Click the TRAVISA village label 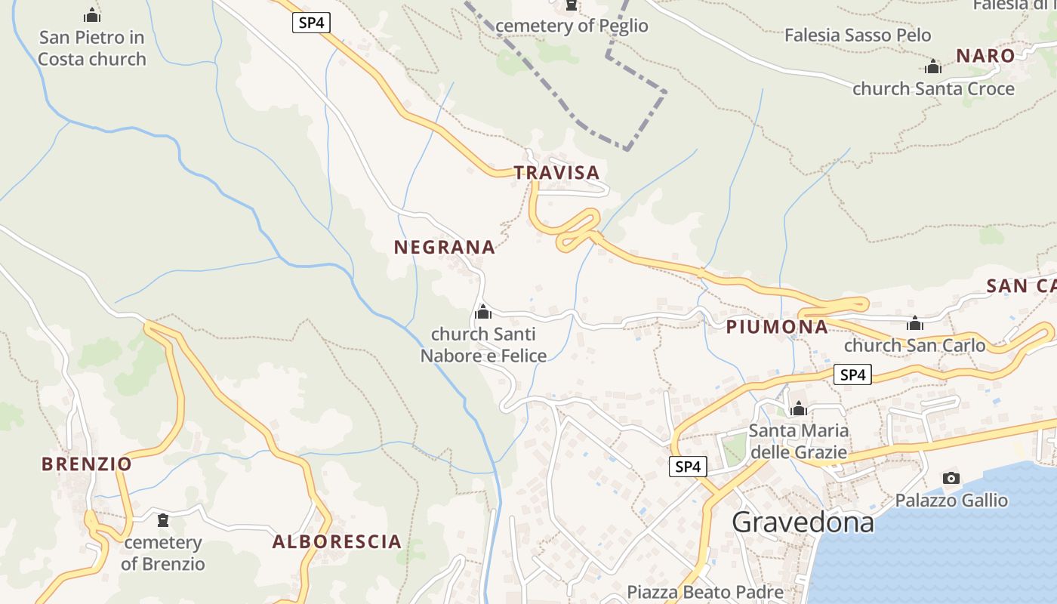click(556, 173)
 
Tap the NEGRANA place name click(444, 247)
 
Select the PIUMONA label click(777, 327)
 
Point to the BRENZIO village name click(87, 464)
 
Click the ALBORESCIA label click(337, 541)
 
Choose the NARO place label click(985, 56)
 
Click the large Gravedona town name click(803, 522)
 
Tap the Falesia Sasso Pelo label click(858, 35)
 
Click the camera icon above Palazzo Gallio click(951, 478)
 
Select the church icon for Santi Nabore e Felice click(482, 312)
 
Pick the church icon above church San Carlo click(915, 324)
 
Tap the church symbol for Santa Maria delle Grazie click(798, 409)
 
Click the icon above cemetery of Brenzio click(162, 520)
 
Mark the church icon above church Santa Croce click(933, 66)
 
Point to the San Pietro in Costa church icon click(92, 15)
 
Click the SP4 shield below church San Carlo click(852, 374)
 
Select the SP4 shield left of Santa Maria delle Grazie click(688, 467)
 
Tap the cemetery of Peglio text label click(572, 26)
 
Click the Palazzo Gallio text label click(951, 500)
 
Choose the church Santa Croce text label click(933, 89)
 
